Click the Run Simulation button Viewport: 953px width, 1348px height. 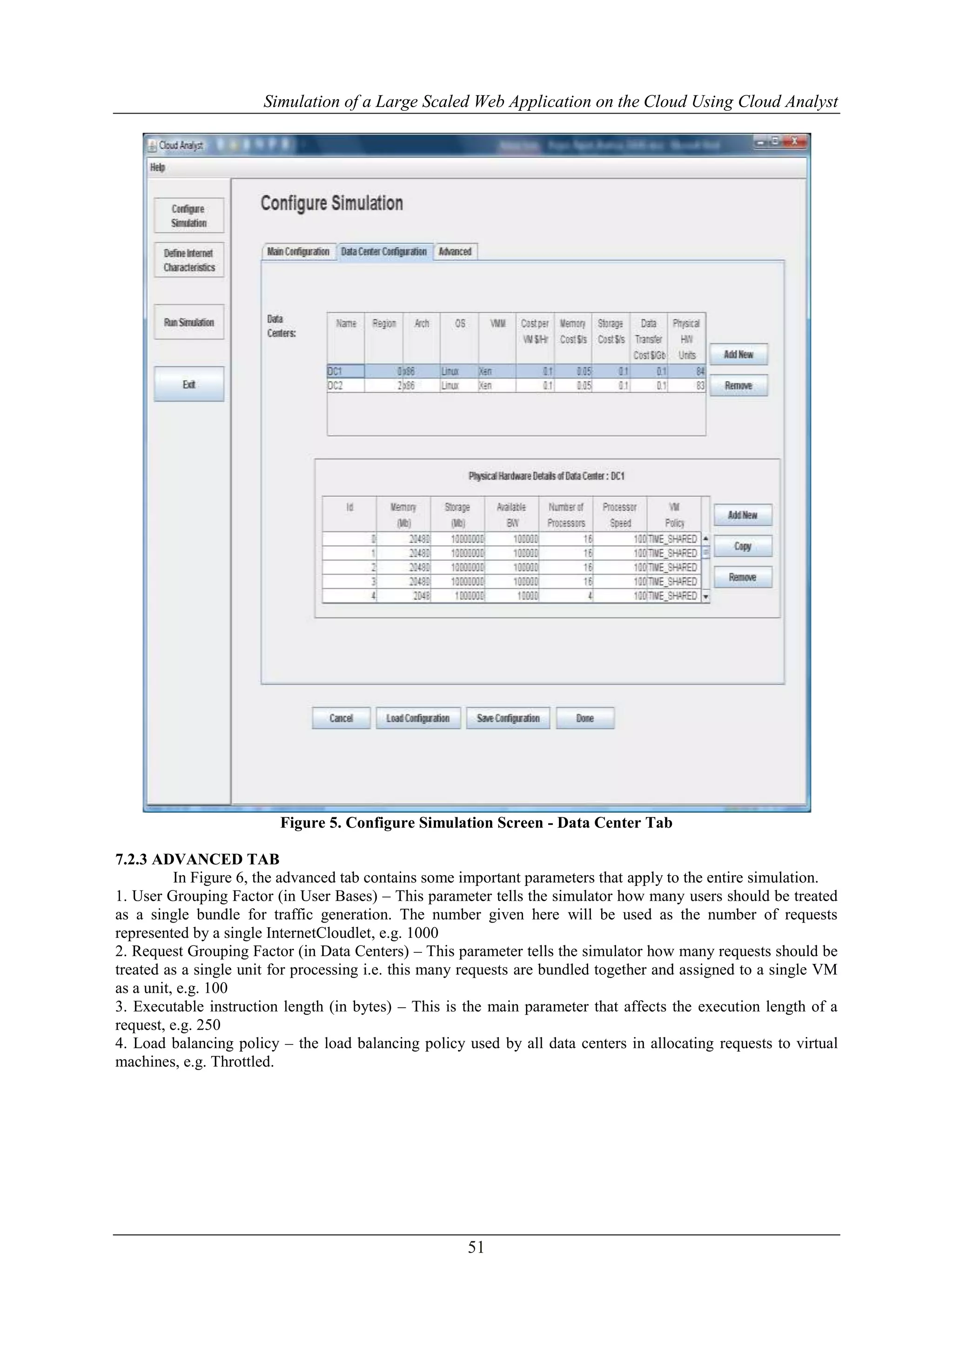point(189,322)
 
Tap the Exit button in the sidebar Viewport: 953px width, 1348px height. point(189,384)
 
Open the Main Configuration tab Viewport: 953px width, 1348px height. point(298,252)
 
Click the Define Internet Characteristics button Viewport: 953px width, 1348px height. point(189,260)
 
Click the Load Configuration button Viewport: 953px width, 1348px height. point(418,718)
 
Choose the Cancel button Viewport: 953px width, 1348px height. point(341,718)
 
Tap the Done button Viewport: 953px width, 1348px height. point(585,718)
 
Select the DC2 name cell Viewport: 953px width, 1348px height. point(345,386)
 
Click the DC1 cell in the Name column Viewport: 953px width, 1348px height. point(345,371)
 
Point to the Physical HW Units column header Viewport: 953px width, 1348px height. point(686,339)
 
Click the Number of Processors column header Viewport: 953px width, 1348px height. point(566,515)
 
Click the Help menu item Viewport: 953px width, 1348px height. point(157,167)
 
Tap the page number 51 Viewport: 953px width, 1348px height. point(476,1247)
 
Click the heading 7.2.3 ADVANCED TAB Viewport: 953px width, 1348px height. point(197,859)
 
